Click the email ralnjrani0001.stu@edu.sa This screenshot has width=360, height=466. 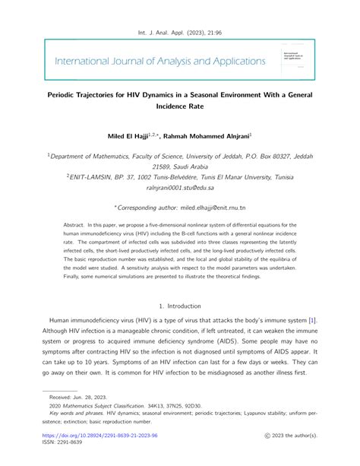tap(179, 186)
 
